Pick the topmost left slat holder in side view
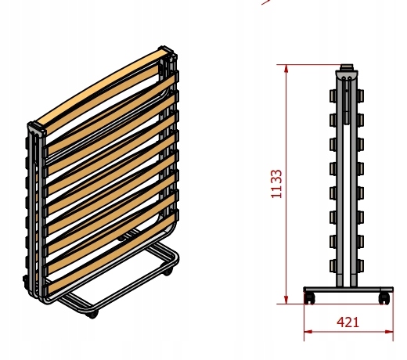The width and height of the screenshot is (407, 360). (x=333, y=95)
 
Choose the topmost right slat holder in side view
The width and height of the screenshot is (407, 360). (x=359, y=95)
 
